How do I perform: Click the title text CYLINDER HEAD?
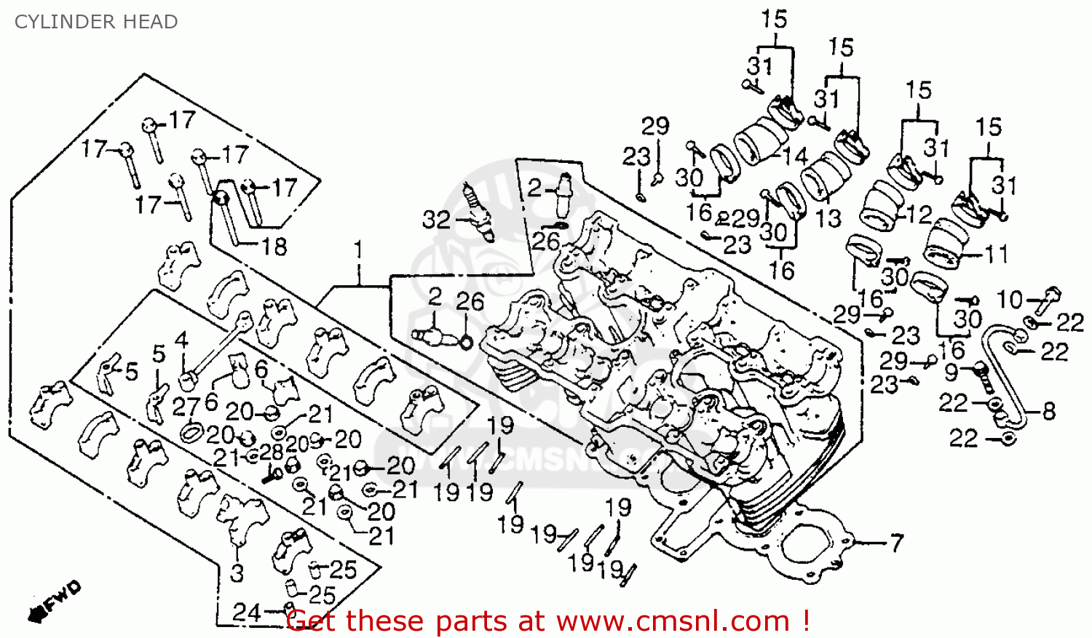pyautogui.click(x=96, y=22)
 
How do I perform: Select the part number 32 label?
pyautogui.click(x=436, y=220)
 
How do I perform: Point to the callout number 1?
pyautogui.click(x=357, y=251)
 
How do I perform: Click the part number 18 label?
pyautogui.click(x=274, y=247)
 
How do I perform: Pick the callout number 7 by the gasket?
pyautogui.click(x=896, y=543)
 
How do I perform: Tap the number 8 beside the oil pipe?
pyautogui.click(x=1048, y=411)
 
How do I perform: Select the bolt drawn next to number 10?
pyautogui.click(x=1049, y=295)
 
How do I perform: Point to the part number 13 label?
pyautogui.click(x=828, y=218)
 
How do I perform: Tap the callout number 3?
pyautogui.click(x=237, y=573)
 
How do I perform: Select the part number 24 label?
pyautogui.click(x=246, y=612)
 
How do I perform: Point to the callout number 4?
pyautogui.click(x=181, y=340)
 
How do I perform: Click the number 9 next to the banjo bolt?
pyautogui.click(x=951, y=372)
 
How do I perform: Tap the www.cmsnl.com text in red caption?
pyautogui.click(x=673, y=621)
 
